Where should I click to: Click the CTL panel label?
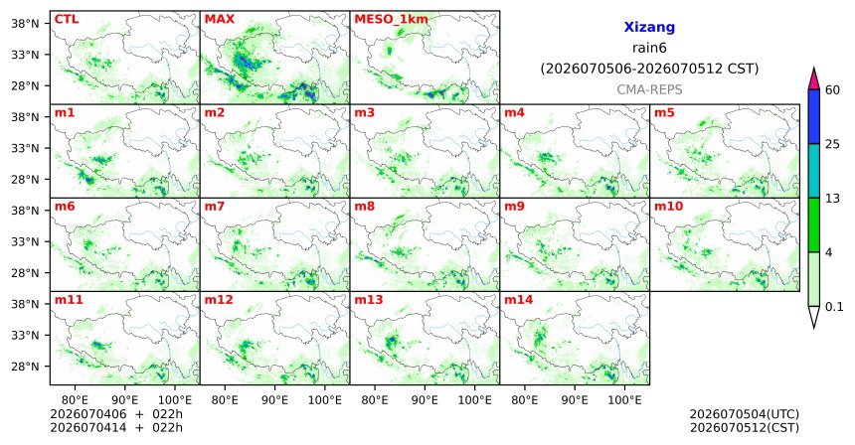[x=67, y=19]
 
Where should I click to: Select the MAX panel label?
[x=219, y=19]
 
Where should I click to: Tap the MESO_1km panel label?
[x=391, y=20]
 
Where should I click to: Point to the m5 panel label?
[x=664, y=113]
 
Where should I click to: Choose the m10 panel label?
[x=668, y=207]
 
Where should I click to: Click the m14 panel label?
[x=518, y=300]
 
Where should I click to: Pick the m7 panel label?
[x=215, y=207]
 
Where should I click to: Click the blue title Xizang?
[x=649, y=27]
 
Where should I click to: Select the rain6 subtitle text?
[x=649, y=48]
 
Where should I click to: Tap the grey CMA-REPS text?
[x=649, y=89]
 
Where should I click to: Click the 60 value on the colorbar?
[x=832, y=90]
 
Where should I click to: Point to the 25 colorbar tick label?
[x=832, y=144]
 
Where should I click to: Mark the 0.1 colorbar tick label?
[x=834, y=307]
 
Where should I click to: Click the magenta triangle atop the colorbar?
[x=814, y=79]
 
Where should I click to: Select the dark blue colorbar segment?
[x=814, y=116]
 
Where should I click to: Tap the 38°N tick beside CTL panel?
[x=25, y=24]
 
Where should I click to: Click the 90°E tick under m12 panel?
[x=274, y=400]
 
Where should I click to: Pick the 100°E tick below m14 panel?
[x=624, y=400]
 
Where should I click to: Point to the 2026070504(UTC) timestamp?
[x=745, y=415]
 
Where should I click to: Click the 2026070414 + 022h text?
[x=116, y=427]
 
